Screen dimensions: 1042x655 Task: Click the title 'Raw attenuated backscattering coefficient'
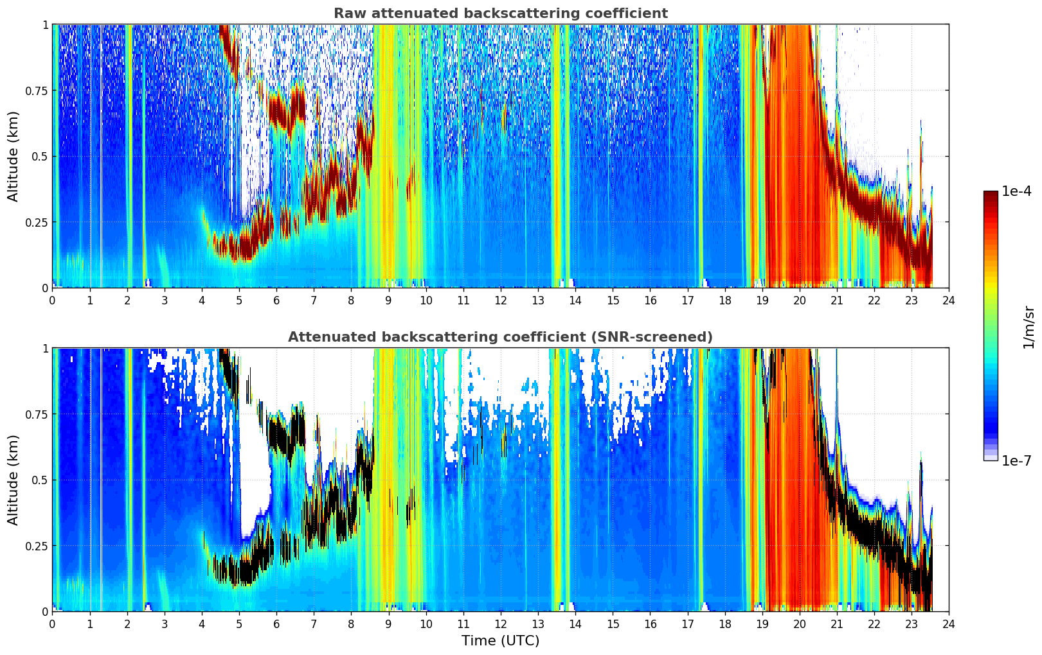(x=501, y=13)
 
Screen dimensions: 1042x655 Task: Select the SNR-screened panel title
(x=501, y=336)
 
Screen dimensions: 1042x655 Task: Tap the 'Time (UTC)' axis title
(x=501, y=641)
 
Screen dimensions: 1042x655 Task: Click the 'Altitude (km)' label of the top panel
(x=13, y=157)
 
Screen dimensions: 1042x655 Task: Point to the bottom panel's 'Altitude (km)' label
(x=13, y=480)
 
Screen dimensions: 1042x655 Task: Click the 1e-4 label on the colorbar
(x=1016, y=191)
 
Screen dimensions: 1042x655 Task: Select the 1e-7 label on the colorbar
(x=1016, y=461)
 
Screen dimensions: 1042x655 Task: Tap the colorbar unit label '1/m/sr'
(x=1029, y=327)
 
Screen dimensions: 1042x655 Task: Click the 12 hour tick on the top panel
(x=501, y=301)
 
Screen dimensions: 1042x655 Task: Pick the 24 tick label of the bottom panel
(x=949, y=624)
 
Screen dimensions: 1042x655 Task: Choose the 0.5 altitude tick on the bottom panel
(x=40, y=480)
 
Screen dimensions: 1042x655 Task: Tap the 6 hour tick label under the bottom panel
(x=276, y=624)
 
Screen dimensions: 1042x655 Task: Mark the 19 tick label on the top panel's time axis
(x=762, y=301)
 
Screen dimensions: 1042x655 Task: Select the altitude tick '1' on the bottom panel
(x=45, y=349)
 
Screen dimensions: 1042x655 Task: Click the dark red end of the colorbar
(x=991, y=194)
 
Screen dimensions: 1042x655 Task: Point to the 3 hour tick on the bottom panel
(x=164, y=624)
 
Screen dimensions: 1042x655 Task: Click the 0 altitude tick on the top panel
(x=45, y=288)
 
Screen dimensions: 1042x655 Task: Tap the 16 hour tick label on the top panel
(x=650, y=301)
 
